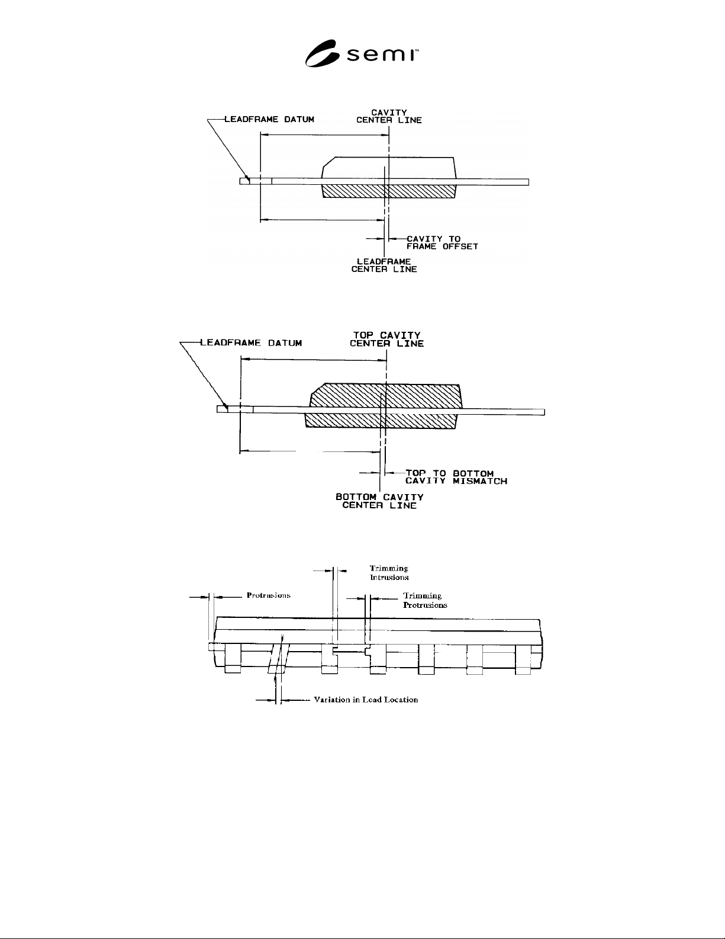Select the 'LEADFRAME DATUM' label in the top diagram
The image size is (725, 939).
point(269,119)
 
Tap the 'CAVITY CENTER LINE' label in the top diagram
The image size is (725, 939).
point(389,116)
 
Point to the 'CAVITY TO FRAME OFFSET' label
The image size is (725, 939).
point(442,242)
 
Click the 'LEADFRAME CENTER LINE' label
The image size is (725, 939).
point(384,265)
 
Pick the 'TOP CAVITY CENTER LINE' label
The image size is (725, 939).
point(386,339)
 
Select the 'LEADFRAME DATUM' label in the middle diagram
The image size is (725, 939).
point(251,343)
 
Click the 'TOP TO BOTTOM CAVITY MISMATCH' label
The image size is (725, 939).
point(456,477)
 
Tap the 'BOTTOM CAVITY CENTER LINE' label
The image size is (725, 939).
point(379,501)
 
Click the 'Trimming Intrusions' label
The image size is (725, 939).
point(389,572)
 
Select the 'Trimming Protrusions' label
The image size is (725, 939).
point(425,600)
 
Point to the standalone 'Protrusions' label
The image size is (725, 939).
point(269,595)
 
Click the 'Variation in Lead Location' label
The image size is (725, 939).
point(366,700)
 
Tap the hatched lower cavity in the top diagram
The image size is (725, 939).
point(389,191)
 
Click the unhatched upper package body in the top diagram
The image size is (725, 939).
point(389,168)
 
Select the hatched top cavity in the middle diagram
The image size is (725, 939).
point(386,395)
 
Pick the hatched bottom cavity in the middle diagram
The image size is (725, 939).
point(381,421)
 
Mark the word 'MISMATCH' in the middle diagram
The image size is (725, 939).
point(480,482)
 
